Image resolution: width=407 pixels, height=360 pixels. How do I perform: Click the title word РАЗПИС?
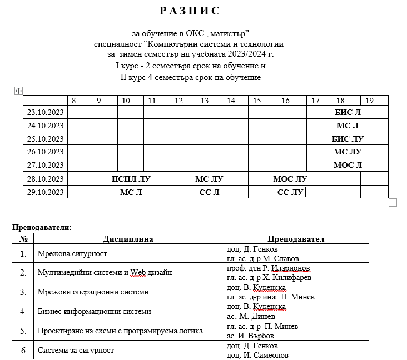click(x=190, y=11)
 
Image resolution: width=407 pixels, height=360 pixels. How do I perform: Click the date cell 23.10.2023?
click(x=45, y=112)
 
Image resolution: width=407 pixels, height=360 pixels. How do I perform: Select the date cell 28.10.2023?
click(x=45, y=179)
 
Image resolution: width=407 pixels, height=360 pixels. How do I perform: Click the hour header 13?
click(x=205, y=101)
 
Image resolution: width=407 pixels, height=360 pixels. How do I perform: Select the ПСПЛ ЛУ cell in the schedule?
click(x=131, y=179)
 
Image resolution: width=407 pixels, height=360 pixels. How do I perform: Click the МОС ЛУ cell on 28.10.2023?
click(x=290, y=179)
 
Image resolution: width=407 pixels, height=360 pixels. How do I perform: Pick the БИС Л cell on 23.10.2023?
click(x=348, y=112)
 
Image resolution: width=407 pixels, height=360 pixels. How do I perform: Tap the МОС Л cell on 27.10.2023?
click(x=348, y=165)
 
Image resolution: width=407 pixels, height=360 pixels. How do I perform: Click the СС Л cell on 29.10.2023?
click(x=209, y=193)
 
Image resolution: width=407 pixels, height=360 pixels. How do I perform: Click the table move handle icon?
click(x=18, y=91)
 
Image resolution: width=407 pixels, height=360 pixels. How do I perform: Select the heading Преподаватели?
click(x=42, y=227)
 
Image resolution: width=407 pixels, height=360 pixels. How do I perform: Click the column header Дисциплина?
click(x=128, y=239)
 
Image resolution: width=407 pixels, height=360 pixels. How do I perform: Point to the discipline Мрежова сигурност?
click(x=72, y=254)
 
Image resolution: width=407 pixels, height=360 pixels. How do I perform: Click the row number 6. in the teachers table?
click(x=23, y=350)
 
